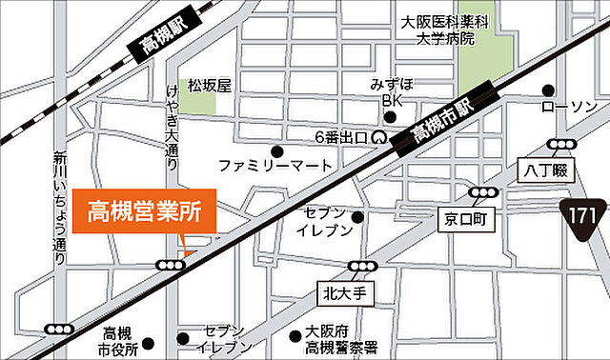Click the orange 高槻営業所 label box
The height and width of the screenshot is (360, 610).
144,210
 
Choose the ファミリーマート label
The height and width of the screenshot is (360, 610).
274,166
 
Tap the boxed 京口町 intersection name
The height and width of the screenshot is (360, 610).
464,218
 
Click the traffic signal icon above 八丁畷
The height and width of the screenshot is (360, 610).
562,145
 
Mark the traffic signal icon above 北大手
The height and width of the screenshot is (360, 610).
361,266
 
